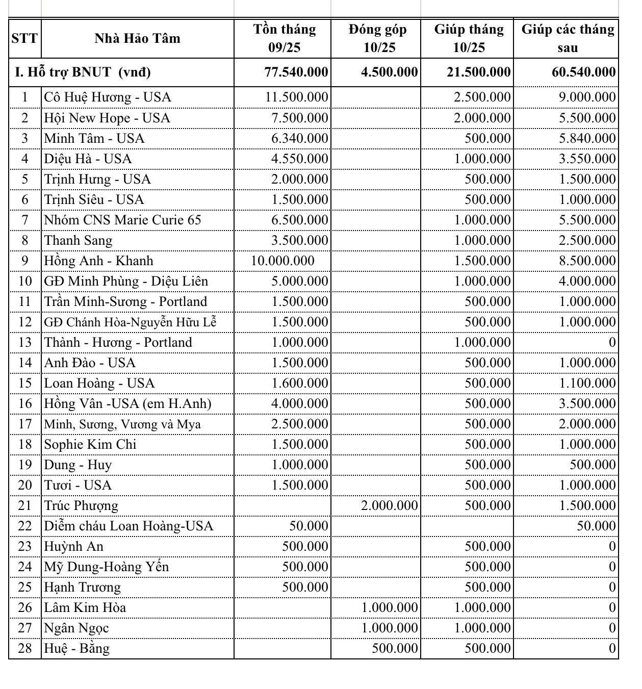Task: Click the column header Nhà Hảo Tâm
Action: (x=137, y=38)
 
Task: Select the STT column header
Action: (x=24, y=38)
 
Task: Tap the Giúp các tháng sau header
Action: (x=568, y=38)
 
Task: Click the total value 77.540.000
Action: (x=296, y=72)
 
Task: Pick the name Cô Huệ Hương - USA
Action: (x=108, y=97)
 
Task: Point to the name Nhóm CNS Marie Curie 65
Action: (x=123, y=220)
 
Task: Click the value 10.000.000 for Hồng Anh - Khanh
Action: (x=283, y=261)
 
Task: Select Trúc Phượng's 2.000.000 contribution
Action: (x=390, y=505)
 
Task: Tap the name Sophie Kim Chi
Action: (x=90, y=444)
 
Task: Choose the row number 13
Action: (x=24, y=342)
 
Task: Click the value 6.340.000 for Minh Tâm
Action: (x=300, y=138)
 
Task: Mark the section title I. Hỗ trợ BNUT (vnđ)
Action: (x=83, y=72)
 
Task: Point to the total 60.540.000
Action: (x=583, y=72)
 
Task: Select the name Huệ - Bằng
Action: (x=77, y=648)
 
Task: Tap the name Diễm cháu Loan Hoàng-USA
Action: (x=129, y=526)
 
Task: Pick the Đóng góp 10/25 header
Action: (x=377, y=38)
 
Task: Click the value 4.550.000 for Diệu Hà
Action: (x=300, y=159)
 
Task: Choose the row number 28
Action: (x=24, y=648)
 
